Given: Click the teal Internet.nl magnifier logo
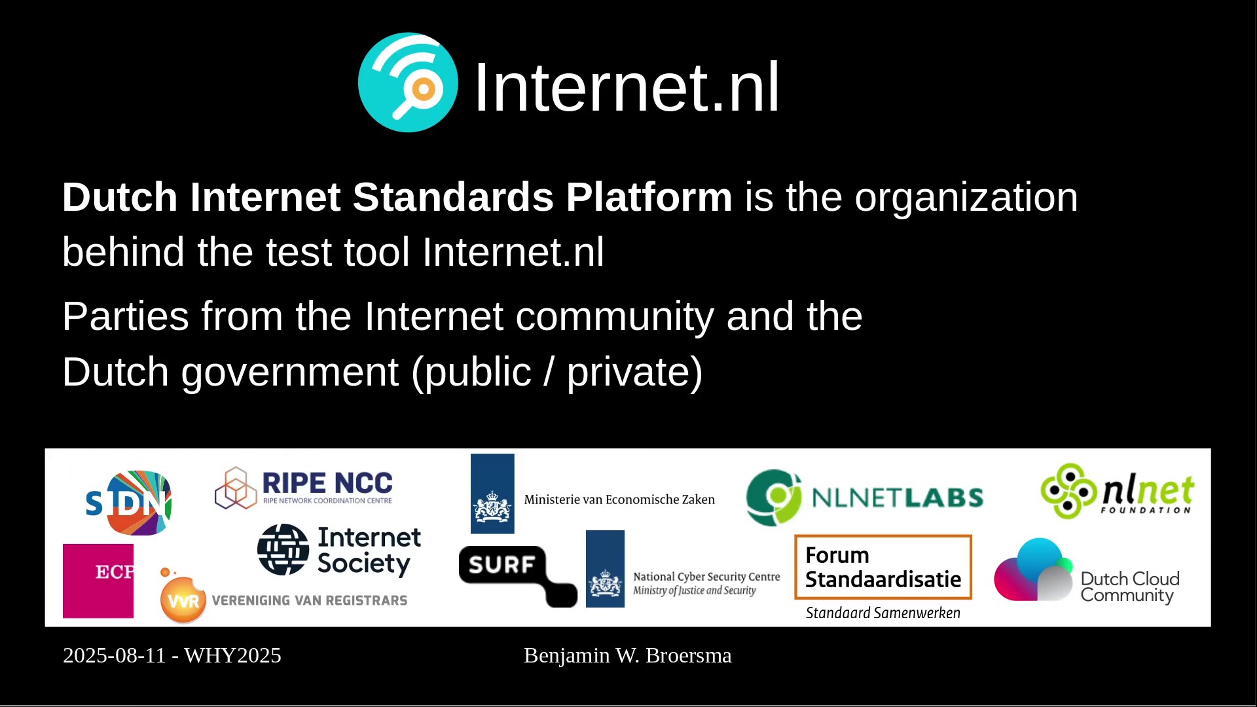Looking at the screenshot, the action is [408, 82].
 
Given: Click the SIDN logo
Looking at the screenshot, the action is [129, 503].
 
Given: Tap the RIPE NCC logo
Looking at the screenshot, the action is [304, 488].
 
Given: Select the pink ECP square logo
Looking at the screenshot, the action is [98, 581].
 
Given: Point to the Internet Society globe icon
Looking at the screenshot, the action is [283, 550].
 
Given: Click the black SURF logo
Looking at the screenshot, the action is [518, 576].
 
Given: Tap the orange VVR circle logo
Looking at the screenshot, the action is [183, 599].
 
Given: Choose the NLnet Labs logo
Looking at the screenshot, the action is [865, 498].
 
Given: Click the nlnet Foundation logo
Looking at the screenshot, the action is [1118, 492].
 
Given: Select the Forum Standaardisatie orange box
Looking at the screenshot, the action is [883, 567].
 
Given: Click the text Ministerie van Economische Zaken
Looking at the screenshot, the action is [619, 499].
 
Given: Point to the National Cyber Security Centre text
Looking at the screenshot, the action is [706, 577].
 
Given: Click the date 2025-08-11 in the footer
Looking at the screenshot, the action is [115, 655].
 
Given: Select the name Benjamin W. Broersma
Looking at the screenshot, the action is [628, 655].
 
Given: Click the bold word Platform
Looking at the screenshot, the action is [649, 197].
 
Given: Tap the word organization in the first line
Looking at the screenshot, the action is [966, 198].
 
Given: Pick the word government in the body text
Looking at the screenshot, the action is [289, 372].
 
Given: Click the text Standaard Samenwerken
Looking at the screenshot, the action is [883, 613].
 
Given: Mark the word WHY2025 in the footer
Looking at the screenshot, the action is [232, 655].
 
